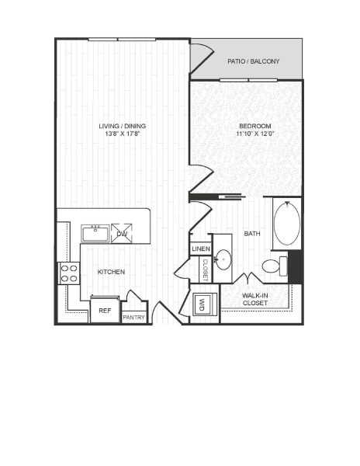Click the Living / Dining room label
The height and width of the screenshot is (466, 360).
click(x=122, y=126)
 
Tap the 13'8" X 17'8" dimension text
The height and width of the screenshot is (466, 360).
click(x=122, y=134)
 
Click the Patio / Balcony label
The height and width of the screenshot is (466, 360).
click(x=254, y=61)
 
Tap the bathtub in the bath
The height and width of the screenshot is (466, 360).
click(x=286, y=223)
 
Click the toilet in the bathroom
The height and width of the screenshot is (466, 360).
click(x=272, y=266)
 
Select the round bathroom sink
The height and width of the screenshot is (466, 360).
click(x=223, y=259)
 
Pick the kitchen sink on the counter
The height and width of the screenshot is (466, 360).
click(x=96, y=233)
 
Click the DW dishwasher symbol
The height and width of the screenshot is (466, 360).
click(x=122, y=233)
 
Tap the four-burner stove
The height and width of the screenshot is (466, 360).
click(x=69, y=273)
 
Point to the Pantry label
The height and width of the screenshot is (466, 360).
click(x=134, y=317)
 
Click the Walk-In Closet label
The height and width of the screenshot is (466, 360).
click(x=255, y=300)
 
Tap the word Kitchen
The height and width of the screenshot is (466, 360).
click(x=110, y=272)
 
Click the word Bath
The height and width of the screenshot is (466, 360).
click(x=252, y=234)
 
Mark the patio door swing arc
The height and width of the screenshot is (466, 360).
click(x=202, y=56)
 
